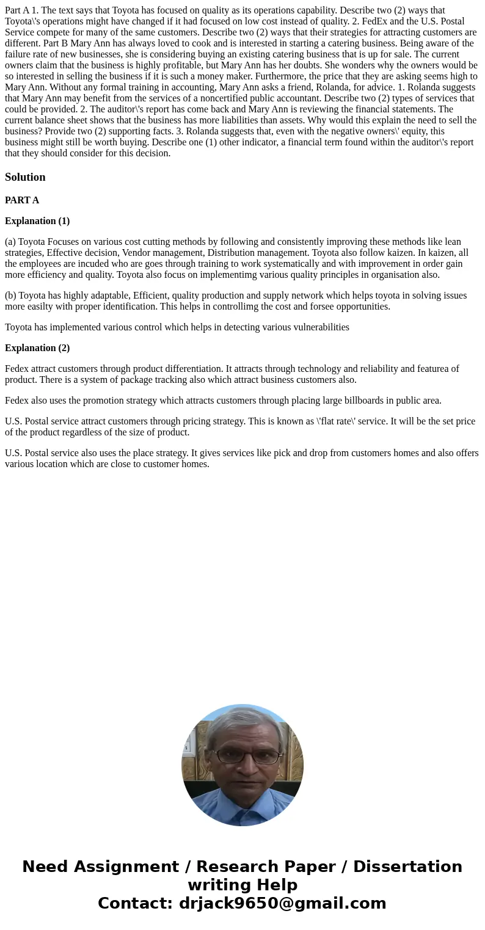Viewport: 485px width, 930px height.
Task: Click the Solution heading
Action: click(25, 177)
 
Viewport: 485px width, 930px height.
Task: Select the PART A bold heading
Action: click(22, 200)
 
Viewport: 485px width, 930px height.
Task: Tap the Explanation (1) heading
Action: click(37, 221)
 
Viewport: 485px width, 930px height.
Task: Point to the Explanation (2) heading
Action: click(37, 348)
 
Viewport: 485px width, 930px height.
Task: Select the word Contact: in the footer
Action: click(135, 903)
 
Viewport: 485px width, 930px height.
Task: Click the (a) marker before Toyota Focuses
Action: click(10, 242)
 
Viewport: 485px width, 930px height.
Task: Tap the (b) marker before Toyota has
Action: click(10, 296)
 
